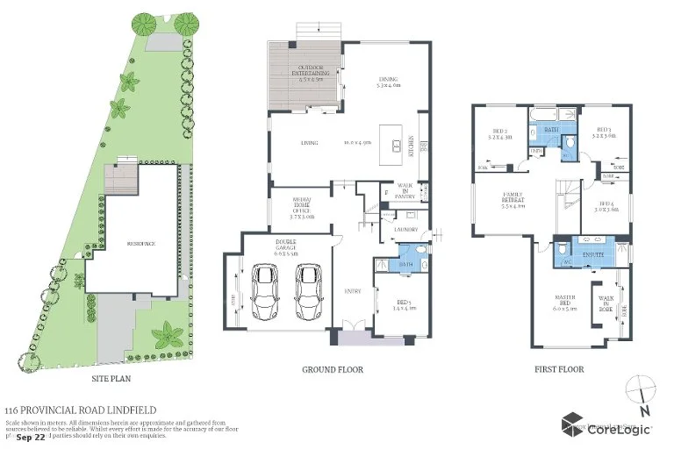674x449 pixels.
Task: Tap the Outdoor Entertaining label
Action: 296,70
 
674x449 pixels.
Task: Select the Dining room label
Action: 387,82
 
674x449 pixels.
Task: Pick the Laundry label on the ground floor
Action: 405,230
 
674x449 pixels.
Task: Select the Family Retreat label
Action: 512,202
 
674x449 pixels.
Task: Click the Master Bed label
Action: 563,305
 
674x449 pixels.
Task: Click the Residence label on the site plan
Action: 140,243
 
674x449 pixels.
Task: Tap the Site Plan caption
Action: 112,379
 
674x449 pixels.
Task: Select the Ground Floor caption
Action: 333,370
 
